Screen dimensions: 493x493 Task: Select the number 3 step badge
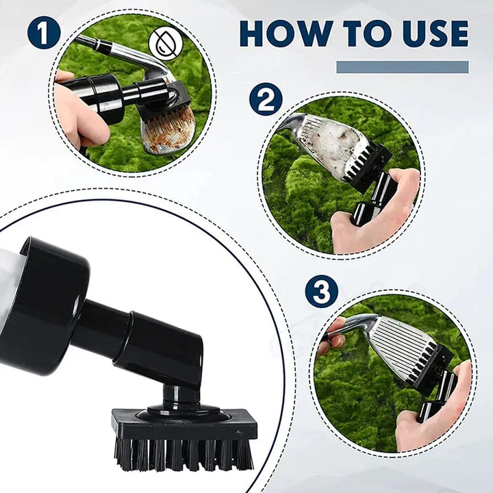click(322, 292)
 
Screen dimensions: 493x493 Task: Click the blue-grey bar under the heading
click(402, 67)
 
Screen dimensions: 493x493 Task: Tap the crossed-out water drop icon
click(164, 42)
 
